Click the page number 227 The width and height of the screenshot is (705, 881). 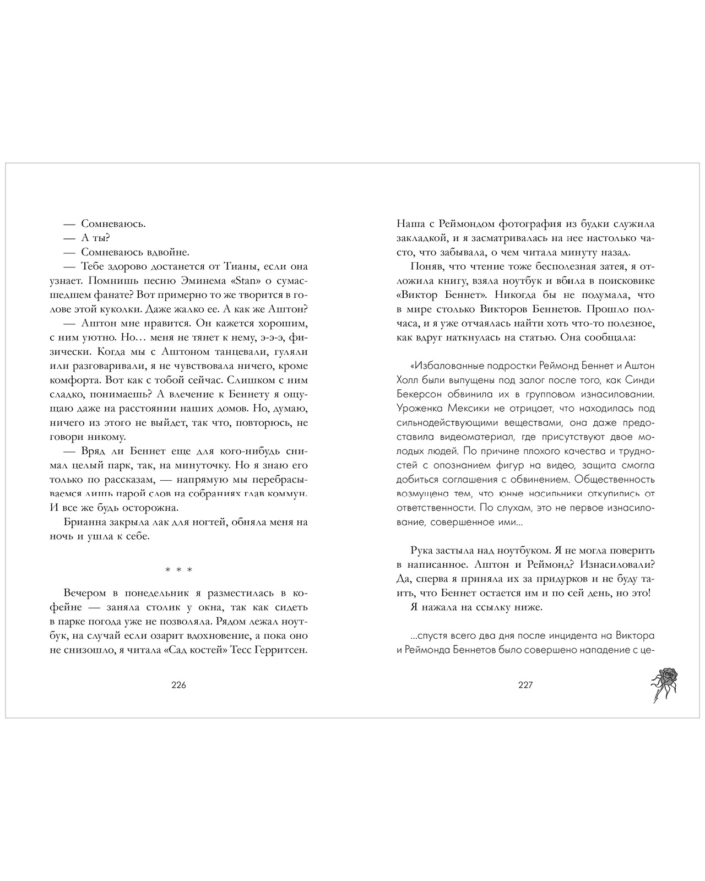point(525,686)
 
